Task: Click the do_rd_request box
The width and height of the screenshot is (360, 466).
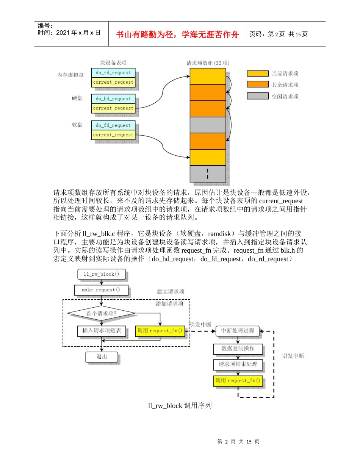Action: point(113,73)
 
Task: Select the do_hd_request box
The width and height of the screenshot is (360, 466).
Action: point(113,99)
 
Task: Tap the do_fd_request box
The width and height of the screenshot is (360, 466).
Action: point(113,125)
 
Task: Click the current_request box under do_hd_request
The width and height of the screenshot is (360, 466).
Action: point(113,108)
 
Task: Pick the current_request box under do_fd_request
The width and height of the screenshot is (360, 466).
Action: point(113,135)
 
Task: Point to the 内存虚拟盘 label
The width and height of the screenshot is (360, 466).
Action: point(70,75)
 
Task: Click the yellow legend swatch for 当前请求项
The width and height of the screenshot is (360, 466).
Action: point(257,73)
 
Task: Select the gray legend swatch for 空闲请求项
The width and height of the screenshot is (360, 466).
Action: point(257,96)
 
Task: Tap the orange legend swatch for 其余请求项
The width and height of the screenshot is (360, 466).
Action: point(257,84)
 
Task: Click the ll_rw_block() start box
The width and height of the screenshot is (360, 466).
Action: point(101,274)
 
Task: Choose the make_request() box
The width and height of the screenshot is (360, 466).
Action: point(101,290)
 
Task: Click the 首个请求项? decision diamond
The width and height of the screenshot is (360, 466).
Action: point(101,313)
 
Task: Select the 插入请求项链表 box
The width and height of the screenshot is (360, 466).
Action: point(101,331)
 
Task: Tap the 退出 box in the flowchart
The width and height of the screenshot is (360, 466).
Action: point(101,357)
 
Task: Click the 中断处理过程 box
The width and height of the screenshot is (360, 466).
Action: point(238,331)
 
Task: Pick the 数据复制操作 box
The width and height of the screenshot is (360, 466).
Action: point(238,349)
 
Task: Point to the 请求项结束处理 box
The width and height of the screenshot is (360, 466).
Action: point(238,364)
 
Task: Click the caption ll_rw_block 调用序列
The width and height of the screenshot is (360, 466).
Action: point(180,406)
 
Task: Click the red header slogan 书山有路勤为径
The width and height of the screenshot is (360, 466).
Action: point(177,34)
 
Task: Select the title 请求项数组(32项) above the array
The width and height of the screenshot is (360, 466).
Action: point(208,63)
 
